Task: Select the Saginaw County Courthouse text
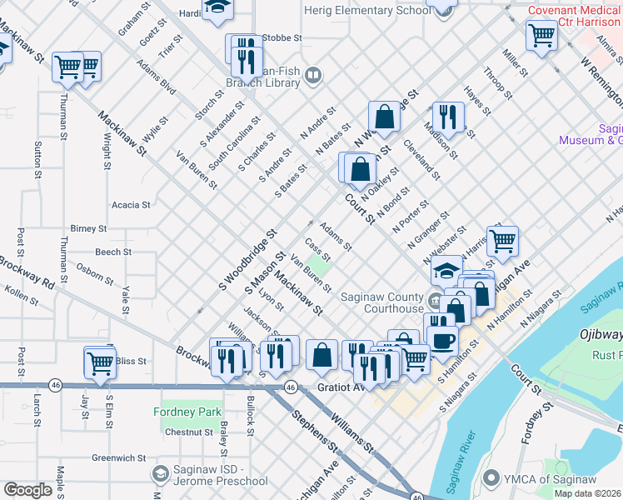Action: point(382,302)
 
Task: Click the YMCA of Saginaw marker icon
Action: point(491,477)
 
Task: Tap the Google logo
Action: point(27,490)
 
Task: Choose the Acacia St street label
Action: point(131,204)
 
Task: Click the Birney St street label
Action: point(89,228)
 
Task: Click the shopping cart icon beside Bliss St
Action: point(99,362)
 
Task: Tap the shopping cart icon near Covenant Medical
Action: point(541,35)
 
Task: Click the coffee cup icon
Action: point(442,338)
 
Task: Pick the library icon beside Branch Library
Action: point(313,77)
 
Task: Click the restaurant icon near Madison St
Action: point(448,117)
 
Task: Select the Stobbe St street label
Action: point(280,37)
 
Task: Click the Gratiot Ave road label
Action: point(341,387)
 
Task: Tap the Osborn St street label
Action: point(94,272)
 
